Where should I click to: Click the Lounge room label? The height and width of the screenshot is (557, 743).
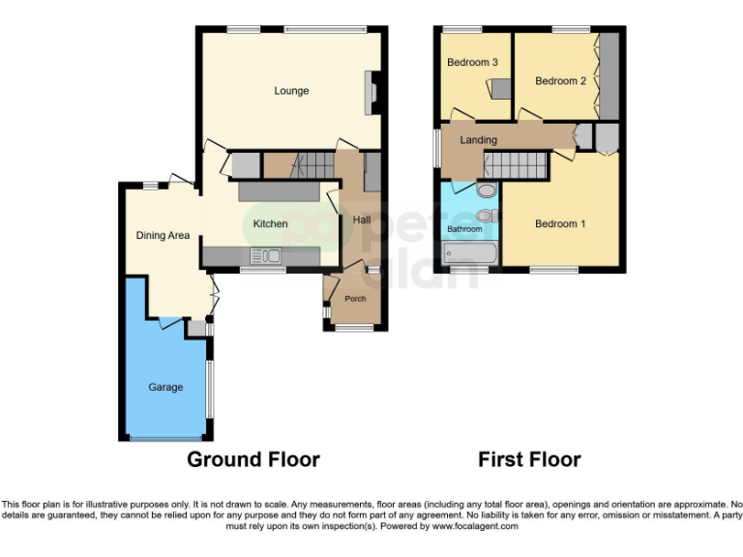pyautogui.click(x=291, y=91)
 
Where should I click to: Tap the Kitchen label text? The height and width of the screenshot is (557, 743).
pyautogui.click(x=270, y=223)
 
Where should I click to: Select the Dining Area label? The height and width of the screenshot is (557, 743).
pyautogui.click(x=163, y=235)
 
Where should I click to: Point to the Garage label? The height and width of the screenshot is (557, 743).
pyautogui.click(x=165, y=387)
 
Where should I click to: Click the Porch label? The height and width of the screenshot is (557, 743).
pyautogui.click(x=355, y=298)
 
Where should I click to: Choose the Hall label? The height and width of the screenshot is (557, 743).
pyautogui.click(x=361, y=220)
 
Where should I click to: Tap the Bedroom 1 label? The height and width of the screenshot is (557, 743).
pyautogui.click(x=560, y=223)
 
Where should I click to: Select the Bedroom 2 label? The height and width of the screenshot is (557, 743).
pyautogui.click(x=560, y=81)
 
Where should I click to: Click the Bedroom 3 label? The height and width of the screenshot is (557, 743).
pyautogui.click(x=472, y=62)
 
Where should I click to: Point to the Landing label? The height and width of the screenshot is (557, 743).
pyautogui.click(x=478, y=140)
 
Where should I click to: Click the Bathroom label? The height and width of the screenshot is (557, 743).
pyautogui.click(x=464, y=229)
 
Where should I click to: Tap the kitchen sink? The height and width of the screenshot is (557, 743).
pyautogui.click(x=264, y=256)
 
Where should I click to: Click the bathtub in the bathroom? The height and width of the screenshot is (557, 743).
pyautogui.click(x=470, y=255)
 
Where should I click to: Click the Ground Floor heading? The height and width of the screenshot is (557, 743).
pyautogui.click(x=253, y=458)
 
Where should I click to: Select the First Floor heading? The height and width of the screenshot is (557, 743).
pyautogui.click(x=529, y=458)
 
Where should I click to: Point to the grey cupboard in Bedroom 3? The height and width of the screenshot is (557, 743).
pyautogui.click(x=500, y=89)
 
